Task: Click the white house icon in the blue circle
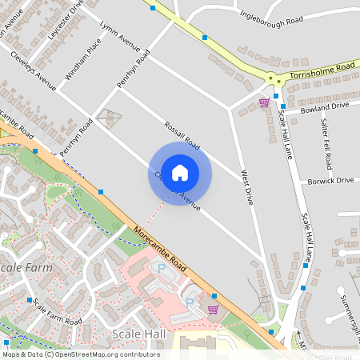pyautogui.click(x=180, y=172)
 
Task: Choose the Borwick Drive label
pyautogui.click(x=330, y=181)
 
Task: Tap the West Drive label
pyautogui.click(x=247, y=187)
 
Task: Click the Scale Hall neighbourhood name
pyautogui.click(x=138, y=334)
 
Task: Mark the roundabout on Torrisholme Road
pyautogui.click(x=274, y=78)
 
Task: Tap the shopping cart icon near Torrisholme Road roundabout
pyautogui.click(x=264, y=102)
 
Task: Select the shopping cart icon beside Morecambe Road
pyautogui.click(x=213, y=309)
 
